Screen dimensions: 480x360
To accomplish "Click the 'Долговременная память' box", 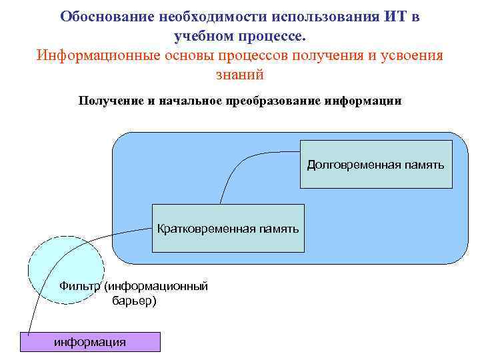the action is pyautogui.click(x=376, y=164).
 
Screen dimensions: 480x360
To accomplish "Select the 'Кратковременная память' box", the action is pyautogui.click(x=228, y=229).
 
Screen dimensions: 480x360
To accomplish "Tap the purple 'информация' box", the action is pyautogui.click(x=90, y=342).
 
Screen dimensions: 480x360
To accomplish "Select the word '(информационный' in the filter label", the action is pyautogui.click(x=157, y=286).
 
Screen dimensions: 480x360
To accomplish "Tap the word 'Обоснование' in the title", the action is pyautogui.click(x=100, y=16).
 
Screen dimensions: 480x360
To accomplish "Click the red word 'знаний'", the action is pyautogui.click(x=240, y=74).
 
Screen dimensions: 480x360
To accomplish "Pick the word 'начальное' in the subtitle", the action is pyautogui.click(x=191, y=101).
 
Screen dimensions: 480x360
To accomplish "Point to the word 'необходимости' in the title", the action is pyautogui.click(x=209, y=16).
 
